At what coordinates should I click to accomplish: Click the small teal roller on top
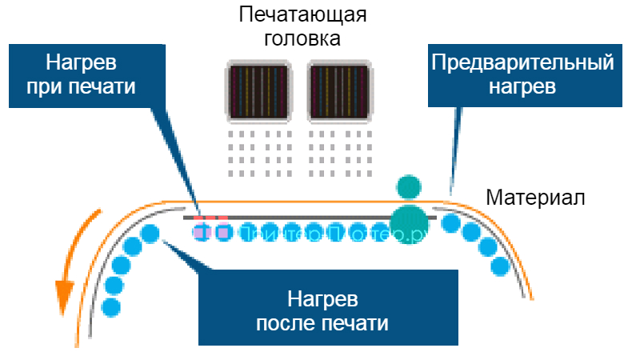[409, 186]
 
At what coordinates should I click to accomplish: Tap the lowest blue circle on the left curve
[111, 305]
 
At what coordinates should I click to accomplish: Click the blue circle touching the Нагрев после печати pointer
[150, 234]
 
